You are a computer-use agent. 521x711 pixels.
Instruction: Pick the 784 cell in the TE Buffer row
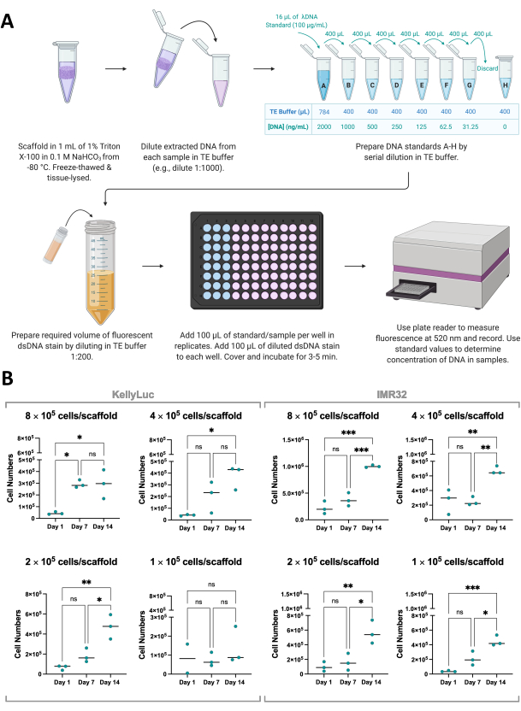(x=323, y=113)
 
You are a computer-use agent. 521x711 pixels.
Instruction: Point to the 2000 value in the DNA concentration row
(x=323, y=128)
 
